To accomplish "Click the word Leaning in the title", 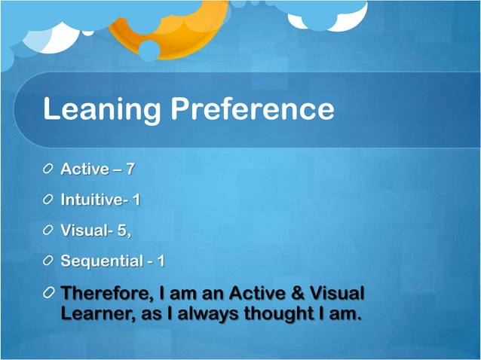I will coord(102,109).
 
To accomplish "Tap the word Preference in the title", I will coord(252,109).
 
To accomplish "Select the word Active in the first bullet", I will coord(84,169).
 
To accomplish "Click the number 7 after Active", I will coord(130,169).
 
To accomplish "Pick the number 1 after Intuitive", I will coord(136,200).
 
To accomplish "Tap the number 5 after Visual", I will coord(121,231).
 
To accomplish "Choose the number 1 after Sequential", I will coord(161,261).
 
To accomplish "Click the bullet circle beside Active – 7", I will coord(48,169).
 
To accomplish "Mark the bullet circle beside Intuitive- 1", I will coord(48,200).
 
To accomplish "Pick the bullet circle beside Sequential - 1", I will coord(48,261).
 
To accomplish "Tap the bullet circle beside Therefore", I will coord(48,292).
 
